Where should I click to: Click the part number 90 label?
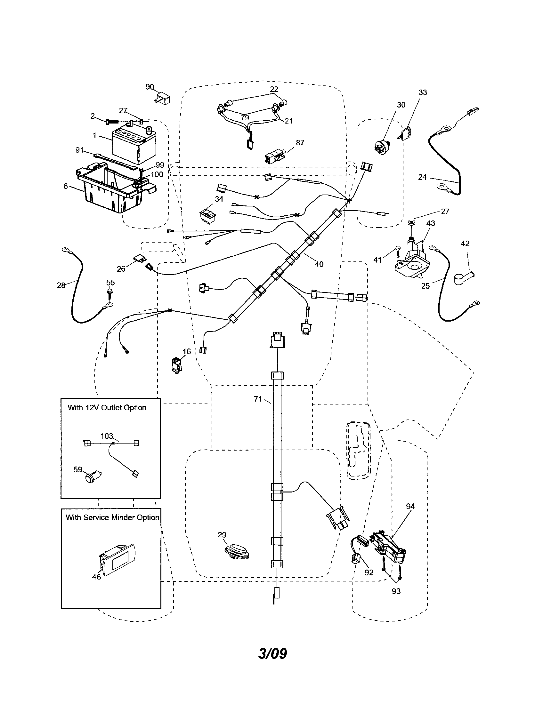[x=150, y=87]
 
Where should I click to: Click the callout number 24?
[x=422, y=177]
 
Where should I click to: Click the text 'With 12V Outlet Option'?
[x=107, y=407]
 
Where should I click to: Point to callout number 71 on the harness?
[x=258, y=399]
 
